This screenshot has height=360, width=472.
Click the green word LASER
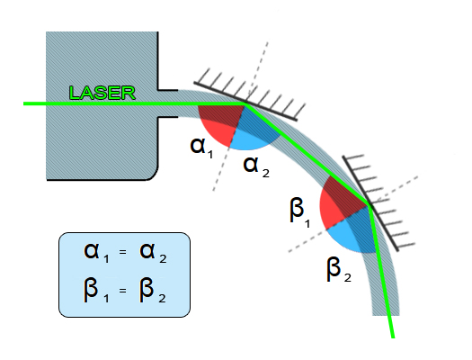102,93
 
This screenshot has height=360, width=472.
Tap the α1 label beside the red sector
202,148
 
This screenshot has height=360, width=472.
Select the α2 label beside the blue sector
256,166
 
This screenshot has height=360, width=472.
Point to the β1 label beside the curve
299,211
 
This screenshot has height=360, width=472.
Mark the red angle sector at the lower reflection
340,202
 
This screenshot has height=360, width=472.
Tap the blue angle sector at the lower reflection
353,231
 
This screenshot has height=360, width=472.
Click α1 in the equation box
96,253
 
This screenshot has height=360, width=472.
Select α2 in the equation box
153,253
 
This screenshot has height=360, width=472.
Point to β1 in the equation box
96,290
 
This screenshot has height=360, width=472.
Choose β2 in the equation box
153,290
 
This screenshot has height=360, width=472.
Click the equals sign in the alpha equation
122,252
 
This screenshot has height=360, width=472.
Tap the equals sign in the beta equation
122,291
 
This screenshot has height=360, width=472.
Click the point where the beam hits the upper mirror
245,103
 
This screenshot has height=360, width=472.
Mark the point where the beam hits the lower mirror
369,205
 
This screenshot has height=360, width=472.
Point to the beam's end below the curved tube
393,337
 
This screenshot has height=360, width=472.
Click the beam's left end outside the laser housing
23,103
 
